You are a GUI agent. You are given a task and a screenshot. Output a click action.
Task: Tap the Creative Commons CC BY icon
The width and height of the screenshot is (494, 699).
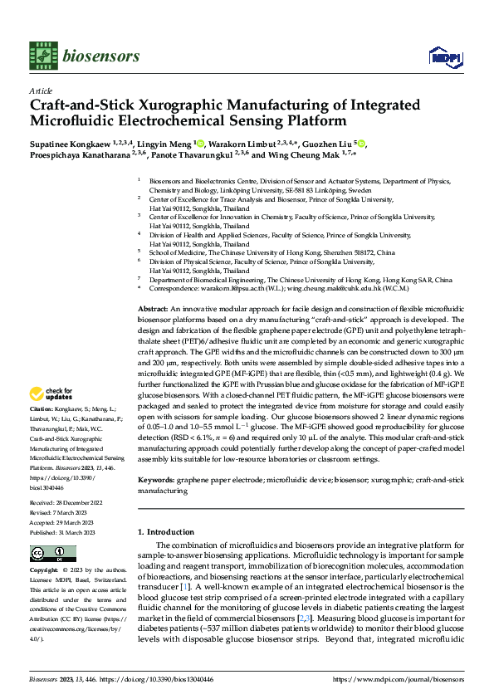[52, 554]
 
